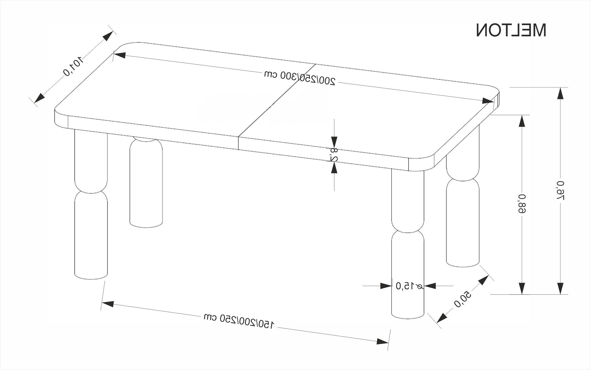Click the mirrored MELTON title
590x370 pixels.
[511, 30]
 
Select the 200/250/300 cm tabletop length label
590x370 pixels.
[299, 77]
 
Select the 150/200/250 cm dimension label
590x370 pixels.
[239, 321]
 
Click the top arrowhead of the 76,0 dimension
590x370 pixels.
[560, 94]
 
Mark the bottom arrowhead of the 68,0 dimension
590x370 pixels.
[522, 288]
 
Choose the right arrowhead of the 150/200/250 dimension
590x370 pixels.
[382, 341]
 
